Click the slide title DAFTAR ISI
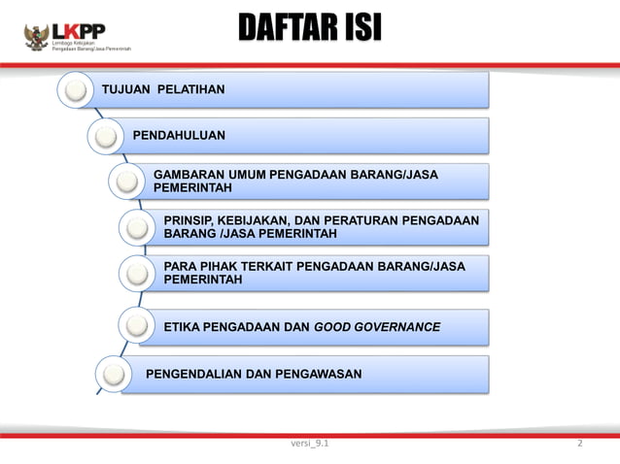tap(310, 29)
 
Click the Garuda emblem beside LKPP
tap(38, 37)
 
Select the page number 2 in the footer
tap(579, 444)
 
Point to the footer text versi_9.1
tap(309, 444)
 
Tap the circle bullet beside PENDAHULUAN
tap(105, 136)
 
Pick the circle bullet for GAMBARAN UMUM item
tap(127, 182)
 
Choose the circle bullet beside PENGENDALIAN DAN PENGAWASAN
tap(114, 374)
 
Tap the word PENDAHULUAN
tap(179, 135)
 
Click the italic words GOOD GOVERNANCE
tap(377, 327)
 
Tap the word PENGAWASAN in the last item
tap(313, 374)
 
